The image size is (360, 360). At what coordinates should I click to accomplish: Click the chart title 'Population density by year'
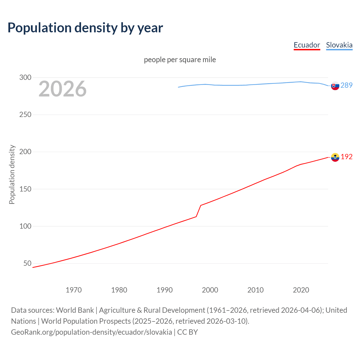pos(85,28)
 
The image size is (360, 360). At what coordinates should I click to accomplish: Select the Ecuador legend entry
pos(307,45)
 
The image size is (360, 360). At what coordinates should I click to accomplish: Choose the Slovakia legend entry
pos(339,45)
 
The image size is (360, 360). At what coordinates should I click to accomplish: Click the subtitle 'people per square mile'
pos(180,60)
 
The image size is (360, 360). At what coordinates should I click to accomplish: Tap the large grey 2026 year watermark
pos(62,89)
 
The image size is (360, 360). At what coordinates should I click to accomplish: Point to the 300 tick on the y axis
pos(25,77)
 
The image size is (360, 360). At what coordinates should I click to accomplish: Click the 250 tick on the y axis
pos(25,114)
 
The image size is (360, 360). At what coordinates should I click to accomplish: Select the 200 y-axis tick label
pos(25,152)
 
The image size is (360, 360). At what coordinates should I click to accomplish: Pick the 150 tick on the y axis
pos(25,189)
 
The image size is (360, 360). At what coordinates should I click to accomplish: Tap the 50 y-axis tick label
pos(27,264)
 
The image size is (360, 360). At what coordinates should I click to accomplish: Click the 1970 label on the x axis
pos(74,290)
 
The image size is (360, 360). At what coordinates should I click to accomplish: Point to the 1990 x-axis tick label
pos(165,290)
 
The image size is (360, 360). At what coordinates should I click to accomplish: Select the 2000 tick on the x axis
pos(210,290)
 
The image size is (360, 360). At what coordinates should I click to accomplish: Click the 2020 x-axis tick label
pos(301,290)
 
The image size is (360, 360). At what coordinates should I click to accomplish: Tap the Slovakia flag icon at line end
pos(335,86)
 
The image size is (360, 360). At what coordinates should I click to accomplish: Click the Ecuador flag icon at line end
pos(335,157)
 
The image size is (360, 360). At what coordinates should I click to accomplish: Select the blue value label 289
pos(346,85)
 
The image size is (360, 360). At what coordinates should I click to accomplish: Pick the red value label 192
pos(346,157)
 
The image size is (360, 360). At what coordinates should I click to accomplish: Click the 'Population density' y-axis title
pos(12,174)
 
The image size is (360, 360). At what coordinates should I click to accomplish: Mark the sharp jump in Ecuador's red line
pos(199,211)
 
